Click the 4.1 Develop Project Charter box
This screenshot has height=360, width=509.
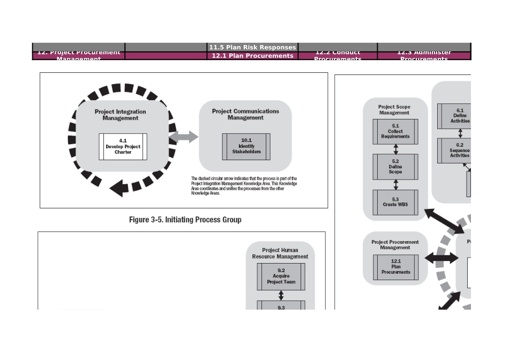click(x=123, y=146)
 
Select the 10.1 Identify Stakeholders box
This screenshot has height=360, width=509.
click(x=246, y=146)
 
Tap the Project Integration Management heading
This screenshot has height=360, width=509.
click(x=120, y=115)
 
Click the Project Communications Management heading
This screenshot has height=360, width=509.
click(x=245, y=114)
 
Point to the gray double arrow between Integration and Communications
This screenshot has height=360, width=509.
click(x=184, y=138)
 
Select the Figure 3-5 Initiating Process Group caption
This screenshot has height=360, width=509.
click(x=185, y=220)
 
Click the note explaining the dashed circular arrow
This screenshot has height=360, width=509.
click(x=244, y=186)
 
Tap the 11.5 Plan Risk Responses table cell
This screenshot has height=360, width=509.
click(x=252, y=48)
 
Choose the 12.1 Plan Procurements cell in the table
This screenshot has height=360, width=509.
click(x=252, y=56)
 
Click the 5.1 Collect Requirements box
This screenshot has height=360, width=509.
click(x=395, y=131)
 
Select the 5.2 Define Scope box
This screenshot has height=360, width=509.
click(x=395, y=167)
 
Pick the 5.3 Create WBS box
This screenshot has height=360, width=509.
click(x=395, y=202)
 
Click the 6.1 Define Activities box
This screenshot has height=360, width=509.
click(x=459, y=116)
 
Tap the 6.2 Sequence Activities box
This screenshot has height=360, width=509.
click(x=459, y=151)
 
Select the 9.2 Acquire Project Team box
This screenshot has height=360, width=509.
click(x=281, y=276)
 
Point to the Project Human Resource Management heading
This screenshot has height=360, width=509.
click(x=280, y=253)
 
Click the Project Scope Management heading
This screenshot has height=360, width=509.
click(x=394, y=110)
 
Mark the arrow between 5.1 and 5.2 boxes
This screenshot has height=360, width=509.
click(x=395, y=149)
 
